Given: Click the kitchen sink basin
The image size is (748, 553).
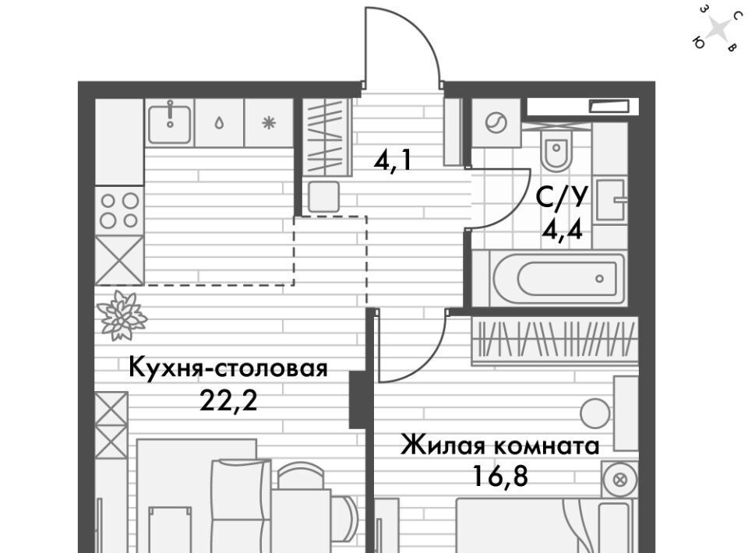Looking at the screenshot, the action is (169, 123).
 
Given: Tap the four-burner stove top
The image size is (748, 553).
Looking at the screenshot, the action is (119, 210).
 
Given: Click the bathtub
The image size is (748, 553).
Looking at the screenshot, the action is (556, 278).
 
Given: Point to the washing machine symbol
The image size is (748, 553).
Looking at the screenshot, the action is (496, 124).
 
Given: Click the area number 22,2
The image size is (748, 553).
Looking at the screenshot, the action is (228, 401).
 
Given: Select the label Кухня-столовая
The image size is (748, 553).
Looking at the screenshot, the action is (228, 369).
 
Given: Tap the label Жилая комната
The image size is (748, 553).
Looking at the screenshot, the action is (500, 446).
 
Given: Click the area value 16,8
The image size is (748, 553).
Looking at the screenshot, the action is (500, 475).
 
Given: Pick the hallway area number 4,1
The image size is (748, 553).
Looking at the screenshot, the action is (392, 161).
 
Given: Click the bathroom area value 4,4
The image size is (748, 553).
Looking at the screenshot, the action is (562, 231).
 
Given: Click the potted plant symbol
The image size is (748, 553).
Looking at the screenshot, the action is (122, 316).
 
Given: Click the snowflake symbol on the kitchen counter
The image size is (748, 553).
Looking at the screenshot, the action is (269, 124).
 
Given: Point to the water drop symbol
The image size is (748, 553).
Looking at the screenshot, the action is (219, 124).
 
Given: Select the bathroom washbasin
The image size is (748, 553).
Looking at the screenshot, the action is (611, 199).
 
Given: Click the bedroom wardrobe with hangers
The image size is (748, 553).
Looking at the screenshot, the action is (554, 340).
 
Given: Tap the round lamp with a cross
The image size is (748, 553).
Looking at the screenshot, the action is (619, 480).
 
